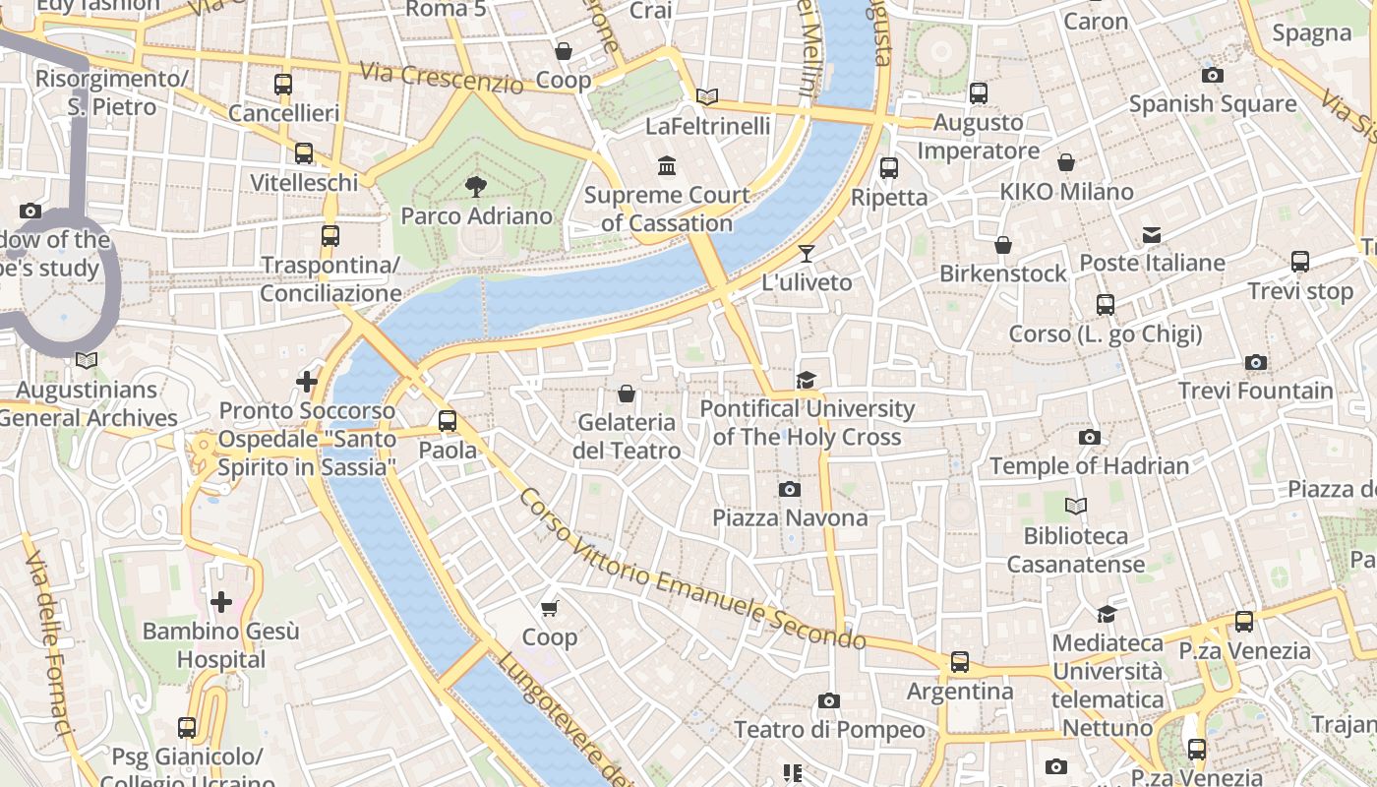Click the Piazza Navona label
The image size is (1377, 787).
point(790,517)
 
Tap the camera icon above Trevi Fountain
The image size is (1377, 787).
point(1255,363)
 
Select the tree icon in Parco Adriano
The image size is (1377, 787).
point(476,186)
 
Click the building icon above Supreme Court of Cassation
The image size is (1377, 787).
point(667,165)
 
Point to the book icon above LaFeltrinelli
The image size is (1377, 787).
point(706,96)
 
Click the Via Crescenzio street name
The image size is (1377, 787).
point(441,78)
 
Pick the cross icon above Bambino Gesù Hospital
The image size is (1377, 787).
point(221,601)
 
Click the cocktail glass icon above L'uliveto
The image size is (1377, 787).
point(807,254)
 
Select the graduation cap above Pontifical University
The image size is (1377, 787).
point(807,380)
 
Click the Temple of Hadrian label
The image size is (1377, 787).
point(1089,465)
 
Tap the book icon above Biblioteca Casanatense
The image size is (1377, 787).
point(1076,507)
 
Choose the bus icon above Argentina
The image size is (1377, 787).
point(959,662)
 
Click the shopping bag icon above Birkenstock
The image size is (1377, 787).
point(1002,245)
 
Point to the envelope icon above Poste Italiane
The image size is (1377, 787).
point(1152,235)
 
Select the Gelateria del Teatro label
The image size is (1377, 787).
point(628,436)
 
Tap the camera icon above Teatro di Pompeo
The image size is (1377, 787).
point(829,701)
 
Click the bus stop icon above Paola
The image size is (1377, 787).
point(448,421)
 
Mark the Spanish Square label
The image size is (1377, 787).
point(1212,103)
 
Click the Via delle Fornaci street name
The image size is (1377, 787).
point(49,644)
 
